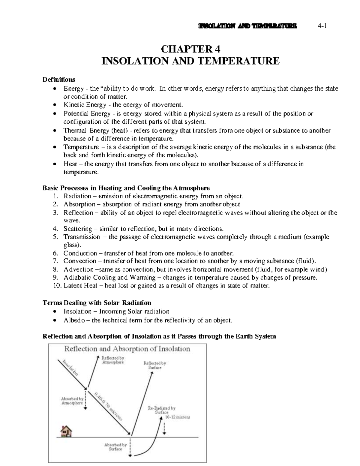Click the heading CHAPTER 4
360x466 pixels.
(x=190, y=49)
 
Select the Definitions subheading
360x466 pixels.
(x=59, y=80)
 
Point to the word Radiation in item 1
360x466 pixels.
(x=77, y=196)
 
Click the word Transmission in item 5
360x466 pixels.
(x=82, y=237)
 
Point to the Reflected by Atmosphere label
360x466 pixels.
(x=113, y=360)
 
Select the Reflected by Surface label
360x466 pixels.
(x=155, y=365)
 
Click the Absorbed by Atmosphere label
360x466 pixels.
(x=72, y=401)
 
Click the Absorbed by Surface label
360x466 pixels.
(x=115, y=447)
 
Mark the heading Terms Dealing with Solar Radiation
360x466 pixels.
(x=97, y=302)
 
